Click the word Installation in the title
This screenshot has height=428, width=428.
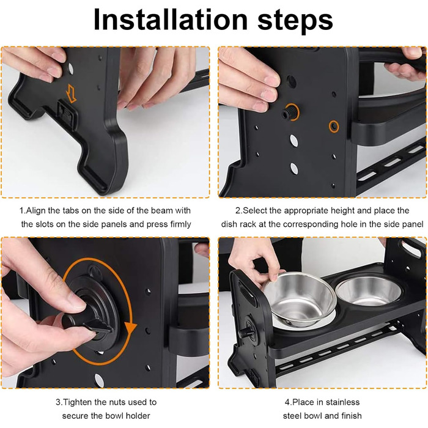coord(171,20)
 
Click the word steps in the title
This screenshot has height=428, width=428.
coord(295,20)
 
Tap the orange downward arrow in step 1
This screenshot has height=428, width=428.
coord(72,93)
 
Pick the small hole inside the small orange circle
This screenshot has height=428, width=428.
coord(334,127)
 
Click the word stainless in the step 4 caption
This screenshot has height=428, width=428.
coord(343,402)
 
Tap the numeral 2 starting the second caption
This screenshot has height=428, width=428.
coord(238,211)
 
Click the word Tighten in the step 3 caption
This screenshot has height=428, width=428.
coord(78,402)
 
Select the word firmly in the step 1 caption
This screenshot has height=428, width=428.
coord(180,224)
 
